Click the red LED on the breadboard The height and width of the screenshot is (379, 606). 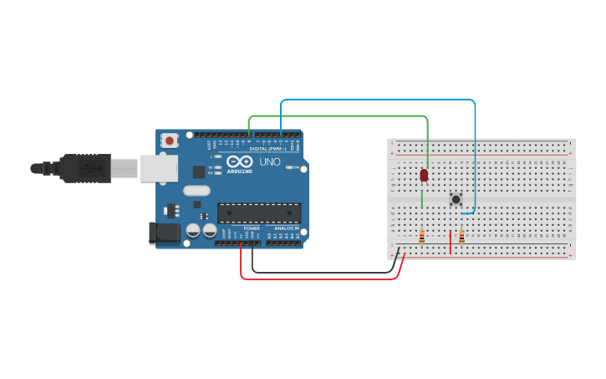(424, 174)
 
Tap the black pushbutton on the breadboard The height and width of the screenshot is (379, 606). (456, 199)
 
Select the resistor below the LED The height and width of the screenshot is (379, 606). (421, 237)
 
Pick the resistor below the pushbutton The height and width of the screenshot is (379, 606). (461, 236)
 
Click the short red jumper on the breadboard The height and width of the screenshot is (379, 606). (451, 242)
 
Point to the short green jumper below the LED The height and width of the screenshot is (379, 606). (422, 199)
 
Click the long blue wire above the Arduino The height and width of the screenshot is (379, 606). (376, 100)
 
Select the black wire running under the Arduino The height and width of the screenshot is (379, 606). (326, 272)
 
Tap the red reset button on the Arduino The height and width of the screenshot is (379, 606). (170, 141)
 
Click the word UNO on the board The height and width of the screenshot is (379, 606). (270, 161)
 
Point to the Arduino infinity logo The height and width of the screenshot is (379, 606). (239, 161)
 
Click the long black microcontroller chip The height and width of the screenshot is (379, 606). (258, 213)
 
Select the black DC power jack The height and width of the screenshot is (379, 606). (164, 233)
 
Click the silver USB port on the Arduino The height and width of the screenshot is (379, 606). (159, 167)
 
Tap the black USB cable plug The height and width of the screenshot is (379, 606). (84, 167)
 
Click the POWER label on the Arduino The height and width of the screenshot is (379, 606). (252, 228)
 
